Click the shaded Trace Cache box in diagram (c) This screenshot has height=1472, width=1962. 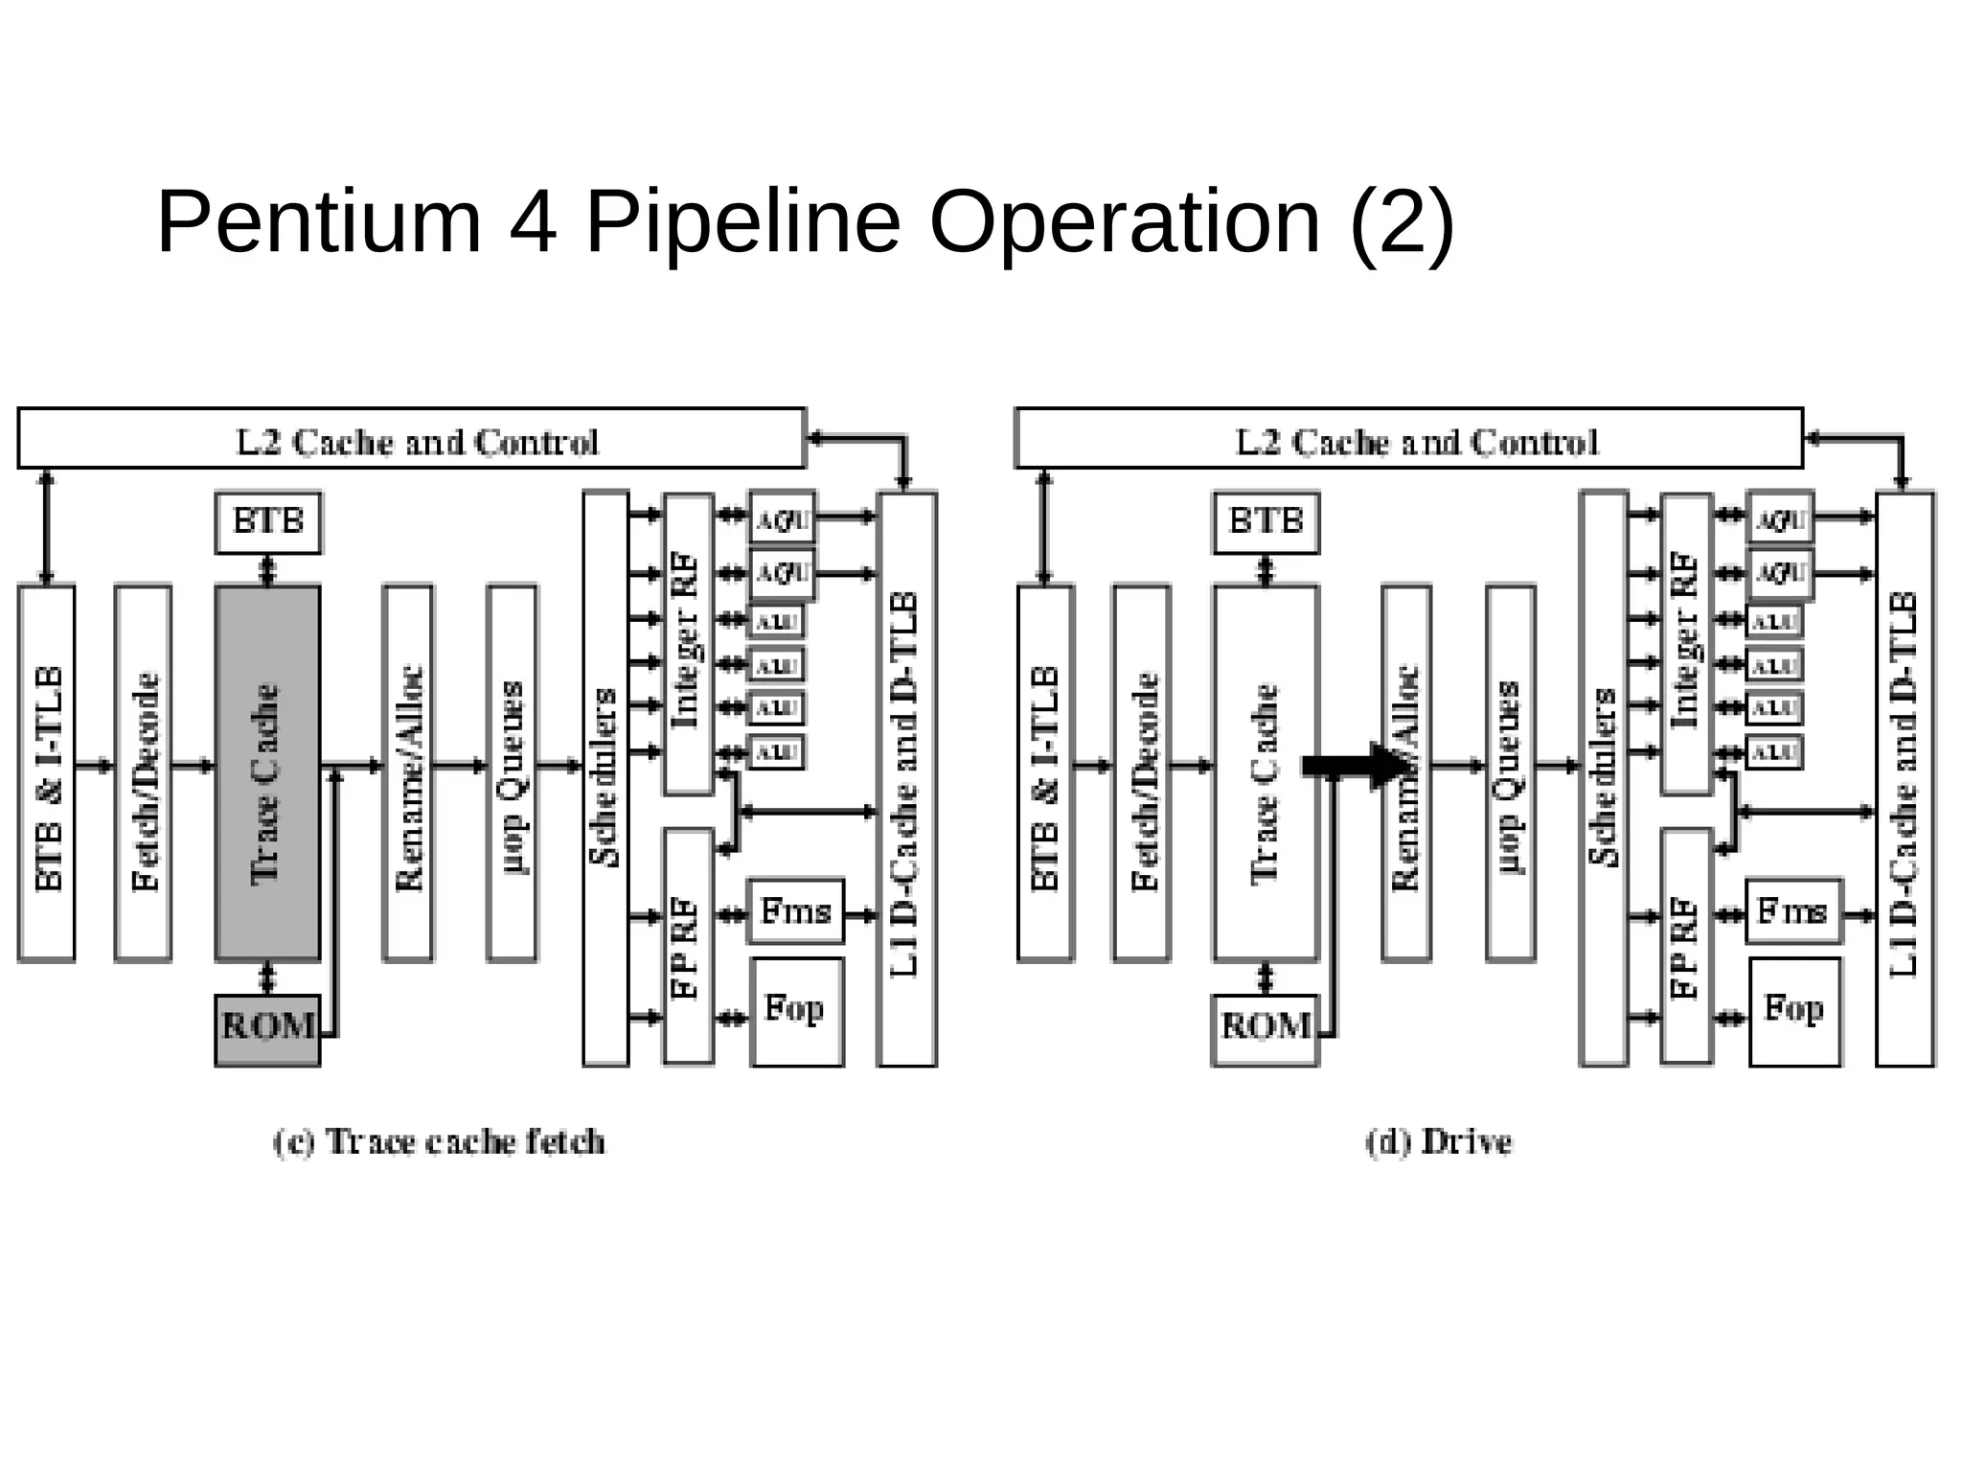click(267, 772)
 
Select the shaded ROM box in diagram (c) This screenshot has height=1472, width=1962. click(267, 1029)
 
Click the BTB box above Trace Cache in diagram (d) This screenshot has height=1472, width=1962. click(1266, 522)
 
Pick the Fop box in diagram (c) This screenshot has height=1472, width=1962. click(796, 1011)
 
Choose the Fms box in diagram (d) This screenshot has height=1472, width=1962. click(1793, 910)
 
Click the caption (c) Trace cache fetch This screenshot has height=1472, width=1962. click(440, 1142)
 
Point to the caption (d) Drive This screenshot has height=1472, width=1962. click(1439, 1142)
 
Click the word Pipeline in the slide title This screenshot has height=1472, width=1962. click(743, 222)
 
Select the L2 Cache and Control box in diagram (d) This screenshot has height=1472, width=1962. click(1408, 439)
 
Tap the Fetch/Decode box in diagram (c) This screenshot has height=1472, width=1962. click(143, 772)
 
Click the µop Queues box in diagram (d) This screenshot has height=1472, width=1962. click(1510, 772)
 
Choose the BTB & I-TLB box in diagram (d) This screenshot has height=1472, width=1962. click(1044, 772)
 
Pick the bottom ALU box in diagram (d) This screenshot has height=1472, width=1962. click(1774, 752)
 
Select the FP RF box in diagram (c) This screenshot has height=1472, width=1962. click(688, 946)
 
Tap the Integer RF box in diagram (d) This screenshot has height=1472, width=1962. click(1686, 644)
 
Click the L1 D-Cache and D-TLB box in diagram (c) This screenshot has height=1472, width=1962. click(906, 778)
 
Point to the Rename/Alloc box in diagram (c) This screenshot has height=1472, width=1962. click(407, 772)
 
